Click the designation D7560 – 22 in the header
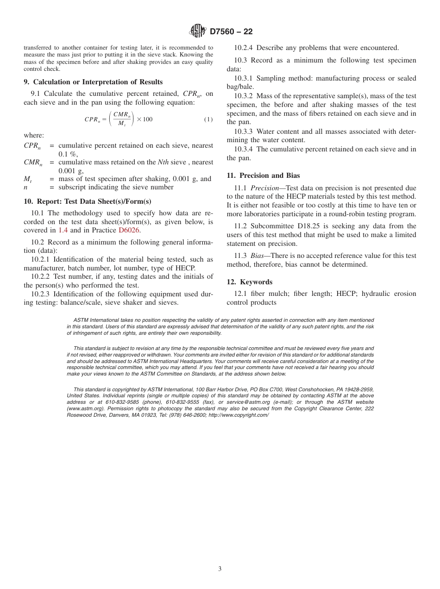(231, 31)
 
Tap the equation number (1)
(208, 119)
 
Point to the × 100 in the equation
(145, 119)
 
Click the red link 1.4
(63, 230)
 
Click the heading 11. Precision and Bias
(263, 175)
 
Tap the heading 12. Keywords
(249, 282)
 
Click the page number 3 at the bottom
(220, 569)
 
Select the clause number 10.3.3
(244, 132)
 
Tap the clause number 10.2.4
(244, 48)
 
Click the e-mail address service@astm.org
(245, 402)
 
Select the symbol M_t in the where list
(27, 179)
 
